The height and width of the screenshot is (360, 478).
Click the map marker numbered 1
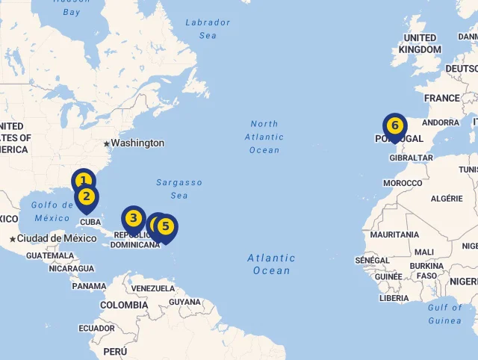(83, 180)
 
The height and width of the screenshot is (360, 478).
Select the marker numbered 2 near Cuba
(87, 197)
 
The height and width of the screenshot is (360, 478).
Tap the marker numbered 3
(133, 218)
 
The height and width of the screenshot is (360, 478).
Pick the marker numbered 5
(166, 226)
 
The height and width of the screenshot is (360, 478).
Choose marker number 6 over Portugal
(394, 125)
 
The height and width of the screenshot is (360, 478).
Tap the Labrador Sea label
(208, 28)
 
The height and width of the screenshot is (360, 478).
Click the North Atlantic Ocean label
(264, 137)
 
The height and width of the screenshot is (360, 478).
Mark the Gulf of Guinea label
(445, 314)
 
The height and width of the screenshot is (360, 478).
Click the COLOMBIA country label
(124, 305)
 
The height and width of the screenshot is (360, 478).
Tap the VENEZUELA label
(152, 288)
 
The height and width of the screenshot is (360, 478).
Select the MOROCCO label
(403, 183)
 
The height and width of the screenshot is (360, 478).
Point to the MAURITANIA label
(394, 235)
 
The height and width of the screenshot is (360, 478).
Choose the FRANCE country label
(442, 98)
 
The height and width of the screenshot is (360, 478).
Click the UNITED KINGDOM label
(420, 43)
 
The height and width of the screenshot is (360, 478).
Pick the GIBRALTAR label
(412, 158)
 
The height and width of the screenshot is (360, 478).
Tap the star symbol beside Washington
(107, 143)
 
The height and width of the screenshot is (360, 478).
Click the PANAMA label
(89, 286)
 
